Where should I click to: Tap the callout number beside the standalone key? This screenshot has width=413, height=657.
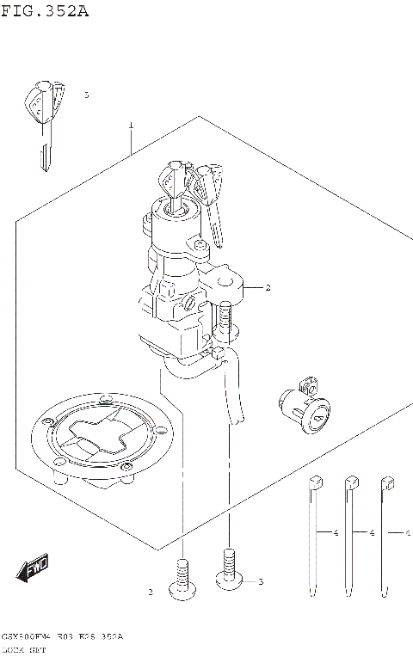86,95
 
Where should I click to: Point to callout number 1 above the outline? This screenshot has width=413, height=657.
131,126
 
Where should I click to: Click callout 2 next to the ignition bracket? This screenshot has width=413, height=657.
268,287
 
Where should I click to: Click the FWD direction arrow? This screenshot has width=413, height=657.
33,568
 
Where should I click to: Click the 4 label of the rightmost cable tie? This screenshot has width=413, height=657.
406,534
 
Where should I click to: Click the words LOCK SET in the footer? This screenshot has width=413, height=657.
25,650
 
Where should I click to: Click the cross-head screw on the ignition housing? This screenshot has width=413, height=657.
188,305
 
